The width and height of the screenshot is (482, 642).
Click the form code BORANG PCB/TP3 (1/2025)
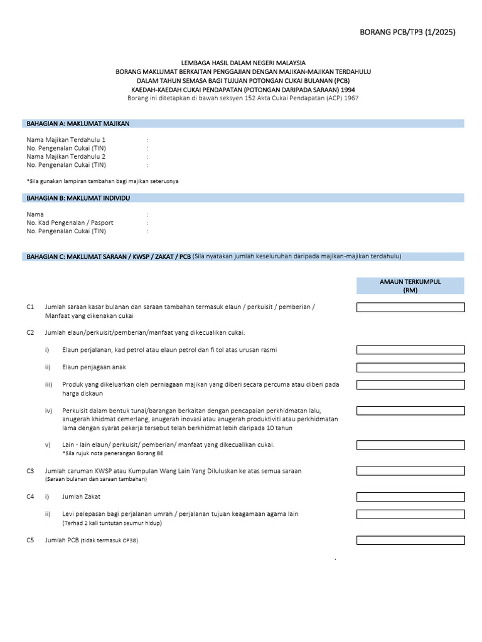407,33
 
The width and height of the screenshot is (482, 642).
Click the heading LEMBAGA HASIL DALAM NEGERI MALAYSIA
244,63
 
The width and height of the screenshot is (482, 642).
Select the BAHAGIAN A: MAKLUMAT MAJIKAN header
78,124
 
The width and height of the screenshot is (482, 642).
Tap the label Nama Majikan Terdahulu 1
66,139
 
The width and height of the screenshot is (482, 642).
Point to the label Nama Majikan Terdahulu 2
66,156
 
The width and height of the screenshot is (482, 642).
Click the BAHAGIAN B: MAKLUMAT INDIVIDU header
78,197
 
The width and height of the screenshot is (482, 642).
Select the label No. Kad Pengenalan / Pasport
70,223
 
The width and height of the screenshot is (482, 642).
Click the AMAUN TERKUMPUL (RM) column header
410,286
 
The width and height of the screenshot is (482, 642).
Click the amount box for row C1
410,307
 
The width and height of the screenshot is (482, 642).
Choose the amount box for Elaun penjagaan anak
410,367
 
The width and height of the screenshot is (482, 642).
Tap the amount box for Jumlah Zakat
410,497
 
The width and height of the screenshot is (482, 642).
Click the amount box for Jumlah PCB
410,540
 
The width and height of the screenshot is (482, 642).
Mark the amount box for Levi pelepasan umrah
410,514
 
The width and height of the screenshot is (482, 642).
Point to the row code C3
30,470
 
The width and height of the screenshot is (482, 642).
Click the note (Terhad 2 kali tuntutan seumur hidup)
111,522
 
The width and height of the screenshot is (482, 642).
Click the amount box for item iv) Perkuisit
410,411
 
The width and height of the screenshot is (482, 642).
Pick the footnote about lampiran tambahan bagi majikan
102,181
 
